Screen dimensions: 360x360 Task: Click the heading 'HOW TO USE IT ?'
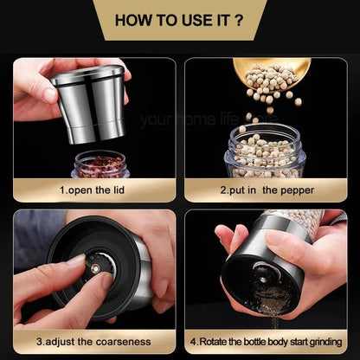[179, 18]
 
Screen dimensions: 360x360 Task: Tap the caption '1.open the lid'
[93, 188]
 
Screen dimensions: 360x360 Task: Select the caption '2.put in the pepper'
[266, 188]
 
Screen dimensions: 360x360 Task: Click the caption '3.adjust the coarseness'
[93, 340]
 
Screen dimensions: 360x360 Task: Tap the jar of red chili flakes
[100, 162]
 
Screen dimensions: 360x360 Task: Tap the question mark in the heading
[238, 18]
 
